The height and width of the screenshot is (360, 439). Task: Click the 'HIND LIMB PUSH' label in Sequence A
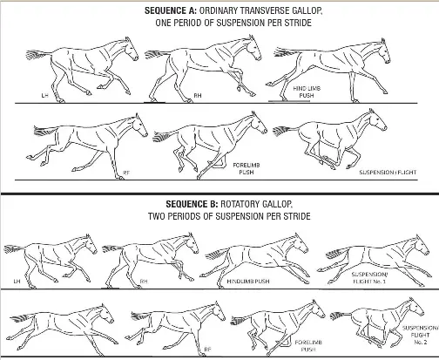(304, 92)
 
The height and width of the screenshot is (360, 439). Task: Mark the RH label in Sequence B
(145, 282)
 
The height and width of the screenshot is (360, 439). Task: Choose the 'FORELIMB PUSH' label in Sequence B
(306, 348)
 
